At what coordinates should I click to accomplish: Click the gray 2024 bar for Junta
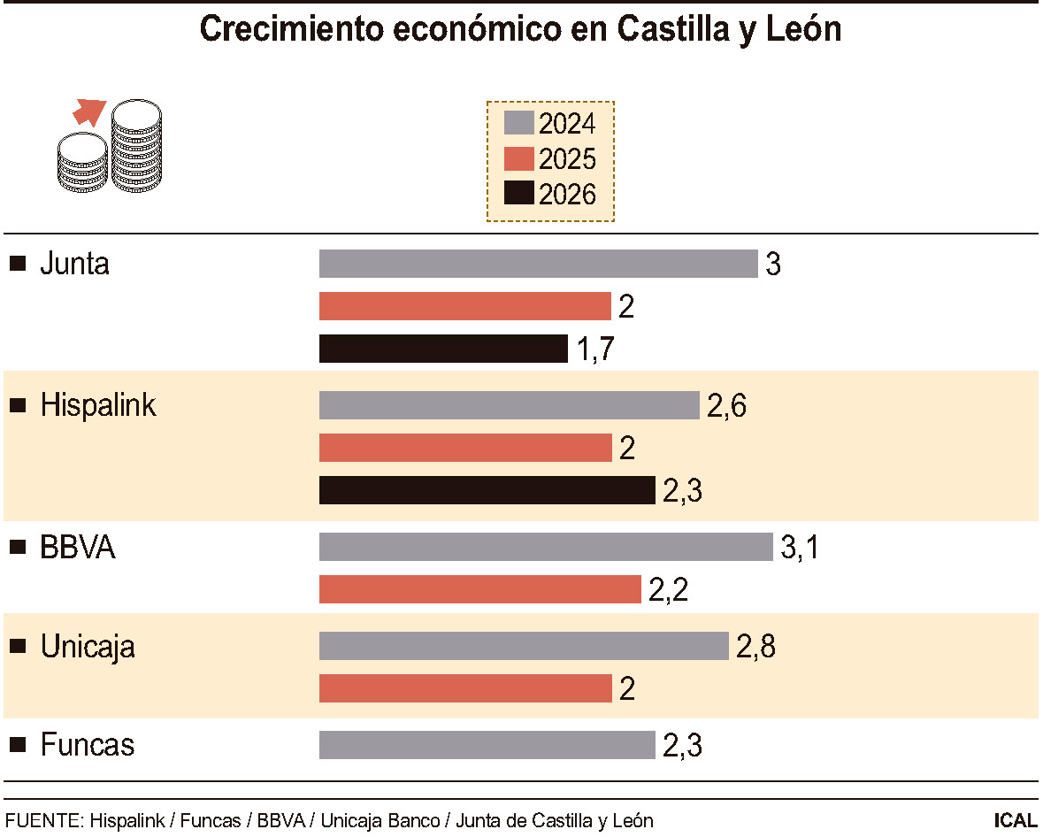pyautogui.click(x=538, y=264)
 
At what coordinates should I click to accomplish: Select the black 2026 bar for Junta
pyautogui.click(x=443, y=349)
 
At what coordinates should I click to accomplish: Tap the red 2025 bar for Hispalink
pyautogui.click(x=465, y=448)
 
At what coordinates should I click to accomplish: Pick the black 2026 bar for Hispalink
pyautogui.click(x=487, y=490)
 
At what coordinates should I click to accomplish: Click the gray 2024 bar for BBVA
pyautogui.click(x=546, y=547)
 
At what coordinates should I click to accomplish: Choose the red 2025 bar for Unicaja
pyautogui.click(x=465, y=688)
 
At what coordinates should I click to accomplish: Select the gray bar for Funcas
pyautogui.click(x=487, y=745)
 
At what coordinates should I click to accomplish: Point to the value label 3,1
pyautogui.click(x=800, y=548)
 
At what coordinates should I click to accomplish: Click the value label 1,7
pyautogui.click(x=595, y=349)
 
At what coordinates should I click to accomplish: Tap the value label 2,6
pyautogui.click(x=726, y=406)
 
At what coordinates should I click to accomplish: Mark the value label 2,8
pyautogui.click(x=755, y=647)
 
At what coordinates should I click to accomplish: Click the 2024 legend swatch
pyautogui.click(x=519, y=123)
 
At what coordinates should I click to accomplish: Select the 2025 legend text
pyautogui.click(x=567, y=159)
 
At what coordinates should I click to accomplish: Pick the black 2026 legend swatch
pyautogui.click(x=519, y=194)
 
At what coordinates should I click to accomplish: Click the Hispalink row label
pyautogui.click(x=98, y=406)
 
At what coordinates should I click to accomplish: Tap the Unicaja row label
pyautogui.click(x=88, y=647)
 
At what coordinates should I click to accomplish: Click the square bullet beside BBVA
pyautogui.click(x=17, y=548)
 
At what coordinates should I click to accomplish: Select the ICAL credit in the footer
pyautogui.click(x=1015, y=820)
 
